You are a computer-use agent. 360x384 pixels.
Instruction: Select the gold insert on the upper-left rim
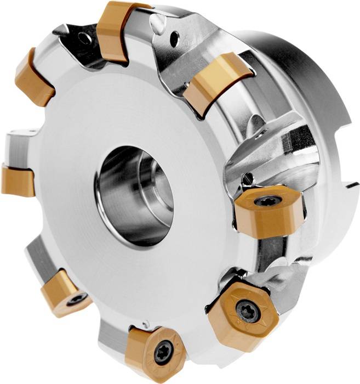[33, 77]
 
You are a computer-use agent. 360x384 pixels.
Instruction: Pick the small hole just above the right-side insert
[249, 177]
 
